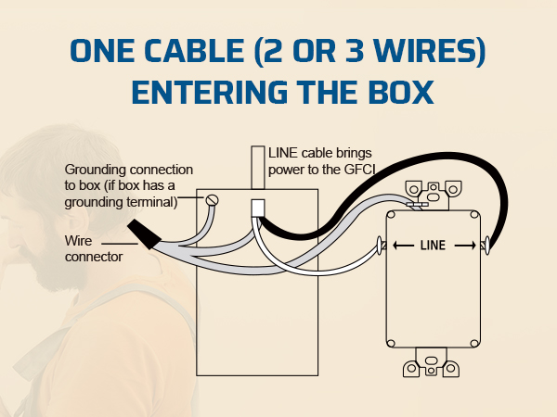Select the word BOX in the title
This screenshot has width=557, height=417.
(401, 92)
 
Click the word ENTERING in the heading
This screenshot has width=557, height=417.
(210, 92)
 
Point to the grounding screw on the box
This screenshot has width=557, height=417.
(212, 200)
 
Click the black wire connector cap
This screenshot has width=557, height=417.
(144, 234)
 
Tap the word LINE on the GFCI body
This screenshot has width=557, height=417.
(433, 245)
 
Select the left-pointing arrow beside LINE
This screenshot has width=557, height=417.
(403, 245)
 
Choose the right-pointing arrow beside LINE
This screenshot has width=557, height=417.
(465, 245)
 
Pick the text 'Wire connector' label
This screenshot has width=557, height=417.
(94, 248)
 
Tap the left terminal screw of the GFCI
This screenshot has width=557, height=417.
(379, 245)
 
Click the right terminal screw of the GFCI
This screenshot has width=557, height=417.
(486, 245)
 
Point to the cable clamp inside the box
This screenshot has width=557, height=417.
(257, 208)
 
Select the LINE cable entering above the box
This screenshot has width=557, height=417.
(258, 168)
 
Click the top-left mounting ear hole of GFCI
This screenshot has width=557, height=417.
(414, 189)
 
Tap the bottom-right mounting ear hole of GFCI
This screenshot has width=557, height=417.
(451, 368)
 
